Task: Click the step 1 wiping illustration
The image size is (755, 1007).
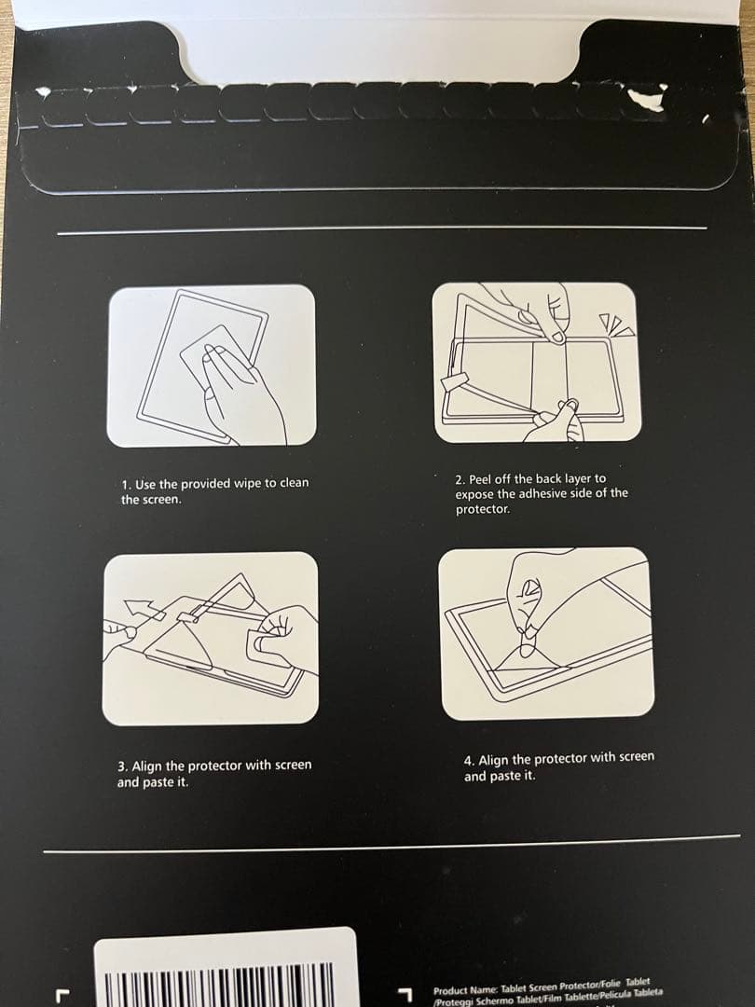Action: [x=212, y=366]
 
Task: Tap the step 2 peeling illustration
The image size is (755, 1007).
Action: [x=537, y=363]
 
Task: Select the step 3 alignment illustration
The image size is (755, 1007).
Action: [x=211, y=639]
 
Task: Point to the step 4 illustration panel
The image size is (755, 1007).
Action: [x=546, y=634]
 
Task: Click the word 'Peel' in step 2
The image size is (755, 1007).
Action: [x=480, y=479]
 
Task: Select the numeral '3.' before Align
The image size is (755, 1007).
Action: [x=123, y=766]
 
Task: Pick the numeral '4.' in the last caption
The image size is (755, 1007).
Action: [x=470, y=761]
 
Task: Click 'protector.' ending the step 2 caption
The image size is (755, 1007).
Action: [x=483, y=509]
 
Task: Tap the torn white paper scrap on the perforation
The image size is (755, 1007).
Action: [x=646, y=100]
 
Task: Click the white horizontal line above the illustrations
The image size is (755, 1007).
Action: [x=382, y=230]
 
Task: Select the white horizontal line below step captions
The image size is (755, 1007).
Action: [x=391, y=844]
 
